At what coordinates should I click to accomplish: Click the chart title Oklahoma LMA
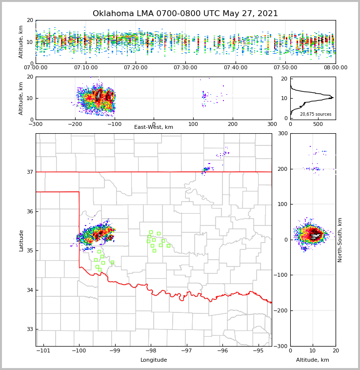pyautogui.click(x=185, y=14)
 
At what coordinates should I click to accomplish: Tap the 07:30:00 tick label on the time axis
pyautogui.click(x=185, y=67)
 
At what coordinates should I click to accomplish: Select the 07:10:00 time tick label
pyautogui.click(x=85, y=67)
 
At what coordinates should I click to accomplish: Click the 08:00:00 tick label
pyautogui.click(x=336, y=67)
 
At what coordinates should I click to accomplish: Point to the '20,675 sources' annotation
pyautogui.click(x=316, y=114)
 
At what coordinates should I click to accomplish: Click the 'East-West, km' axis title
pyautogui.click(x=154, y=127)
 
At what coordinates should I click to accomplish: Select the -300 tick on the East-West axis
pyautogui.click(x=36, y=123)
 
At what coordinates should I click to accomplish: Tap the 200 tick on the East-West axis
pyautogui.click(x=232, y=123)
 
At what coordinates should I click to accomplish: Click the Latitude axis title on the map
pyautogui.click(x=21, y=240)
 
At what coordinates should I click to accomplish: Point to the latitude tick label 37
pyautogui.click(x=30, y=172)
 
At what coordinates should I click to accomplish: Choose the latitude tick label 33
pyautogui.click(x=30, y=329)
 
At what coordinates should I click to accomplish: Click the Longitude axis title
pyautogui.click(x=154, y=360)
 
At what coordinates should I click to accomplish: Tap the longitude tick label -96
pyautogui.click(x=222, y=351)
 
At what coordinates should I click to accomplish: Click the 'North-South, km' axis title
pyautogui.click(x=340, y=240)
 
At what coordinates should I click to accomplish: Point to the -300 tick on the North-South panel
pyautogui.click(x=282, y=346)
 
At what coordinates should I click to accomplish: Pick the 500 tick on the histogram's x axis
pyautogui.click(x=318, y=123)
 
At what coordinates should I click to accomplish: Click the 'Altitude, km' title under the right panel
pyautogui.click(x=313, y=360)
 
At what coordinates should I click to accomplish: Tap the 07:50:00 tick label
pyautogui.click(x=285, y=67)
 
